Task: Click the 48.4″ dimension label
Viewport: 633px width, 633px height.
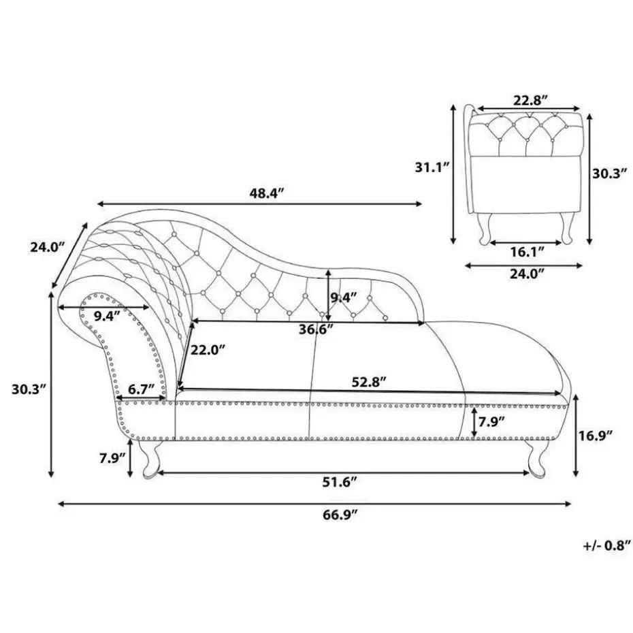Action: point(265,194)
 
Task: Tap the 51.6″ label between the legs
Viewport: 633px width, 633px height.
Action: point(340,482)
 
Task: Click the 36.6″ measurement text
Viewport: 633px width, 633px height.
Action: point(315,329)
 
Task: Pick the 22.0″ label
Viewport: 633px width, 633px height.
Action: point(207,350)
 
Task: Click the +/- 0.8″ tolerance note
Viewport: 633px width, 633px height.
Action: point(602,545)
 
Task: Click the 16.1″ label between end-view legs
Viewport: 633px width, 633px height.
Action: point(527,252)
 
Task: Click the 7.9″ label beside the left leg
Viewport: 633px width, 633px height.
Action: point(111,457)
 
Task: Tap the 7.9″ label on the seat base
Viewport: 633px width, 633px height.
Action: point(491,422)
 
